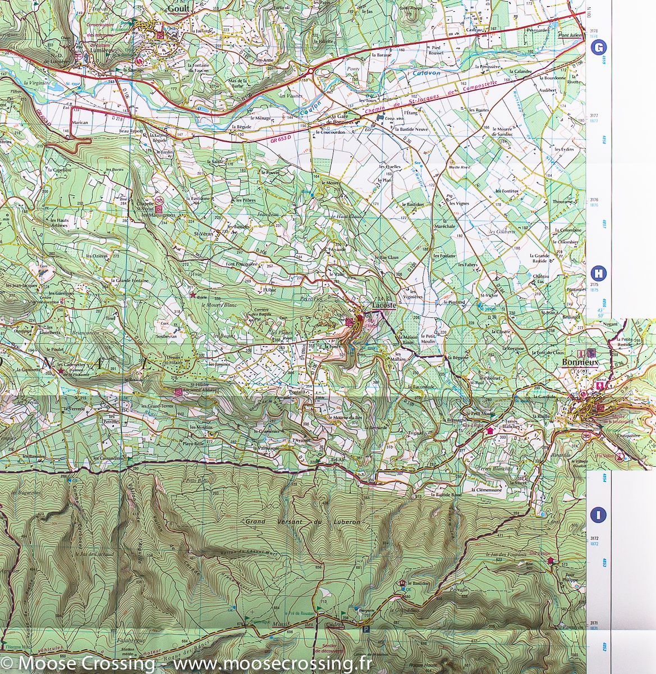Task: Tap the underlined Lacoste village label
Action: [384, 304]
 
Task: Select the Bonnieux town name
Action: [580, 363]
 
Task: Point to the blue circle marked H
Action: [599, 274]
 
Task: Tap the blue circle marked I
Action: [599, 514]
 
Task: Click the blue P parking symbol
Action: [366, 631]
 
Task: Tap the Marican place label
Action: [80, 122]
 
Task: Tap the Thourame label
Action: [565, 201]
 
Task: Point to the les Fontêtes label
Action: [506, 191]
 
